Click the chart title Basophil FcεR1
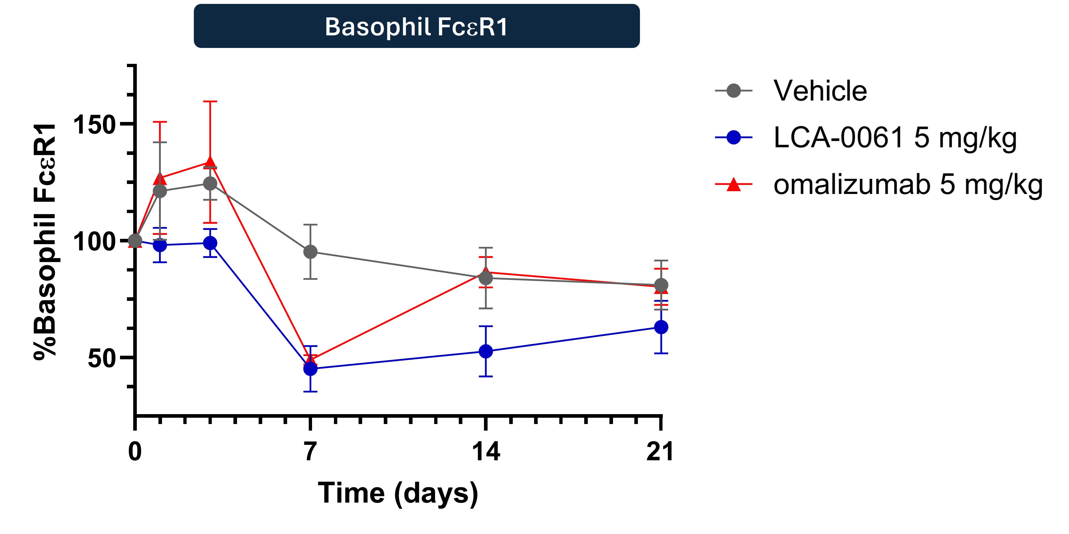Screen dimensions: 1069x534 (416, 27)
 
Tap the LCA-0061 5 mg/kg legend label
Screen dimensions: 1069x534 (895, 138)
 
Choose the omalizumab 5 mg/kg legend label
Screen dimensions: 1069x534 (908, 185)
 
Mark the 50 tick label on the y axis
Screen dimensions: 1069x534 (101, 358)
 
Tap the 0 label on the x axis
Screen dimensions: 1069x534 (135, 452)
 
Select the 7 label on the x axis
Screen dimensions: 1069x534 (311, 452)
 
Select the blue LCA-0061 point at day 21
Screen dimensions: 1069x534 (661, 327)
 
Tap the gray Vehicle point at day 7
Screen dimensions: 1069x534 (311, 252)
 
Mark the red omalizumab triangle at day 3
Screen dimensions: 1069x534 (210, 162)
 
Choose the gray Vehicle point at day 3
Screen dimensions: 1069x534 (210, 183)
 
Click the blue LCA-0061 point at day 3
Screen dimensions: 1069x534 (210, 243)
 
